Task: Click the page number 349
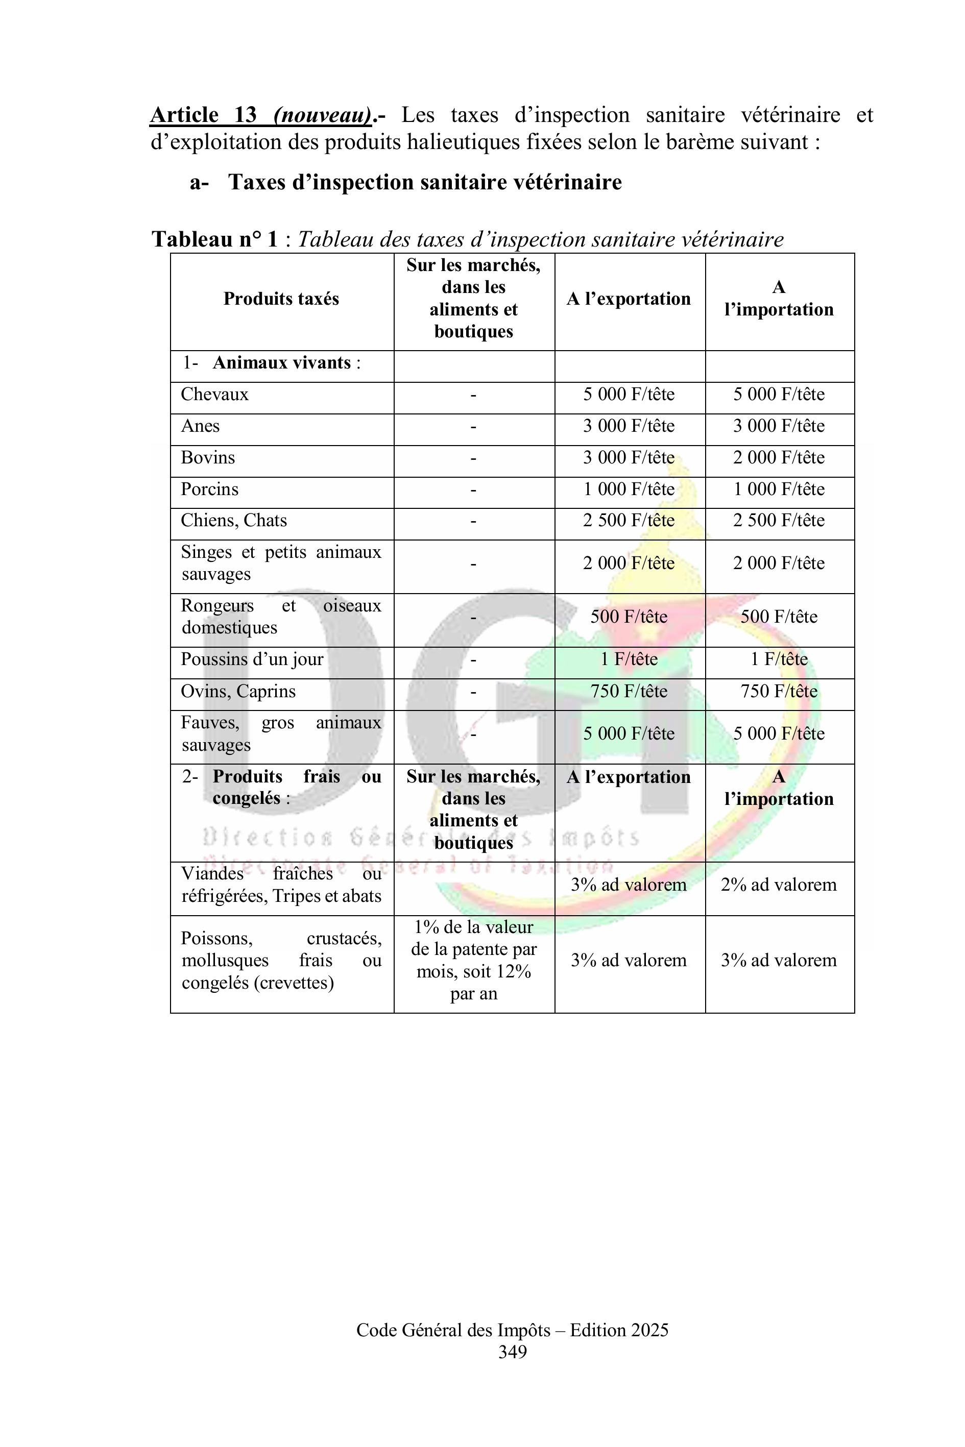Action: [x=512, y=1352]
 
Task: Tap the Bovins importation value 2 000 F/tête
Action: [x=779, y=458]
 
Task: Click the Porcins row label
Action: [x=209, y=489]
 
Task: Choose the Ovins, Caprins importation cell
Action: [x=779, y=692]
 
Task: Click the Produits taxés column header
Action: [x=281, y=299]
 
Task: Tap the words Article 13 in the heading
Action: [x=203, y=115]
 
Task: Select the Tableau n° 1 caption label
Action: [x=215, y=239]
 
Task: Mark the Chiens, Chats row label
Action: [x=234, y=521]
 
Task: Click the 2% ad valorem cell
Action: [x=779, y=885]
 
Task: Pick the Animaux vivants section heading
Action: [x=281, y=363]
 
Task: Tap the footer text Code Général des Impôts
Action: [x=453, y=1330]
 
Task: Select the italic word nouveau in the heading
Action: [x=323, y=115]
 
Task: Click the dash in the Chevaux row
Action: [x=473, y=395]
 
